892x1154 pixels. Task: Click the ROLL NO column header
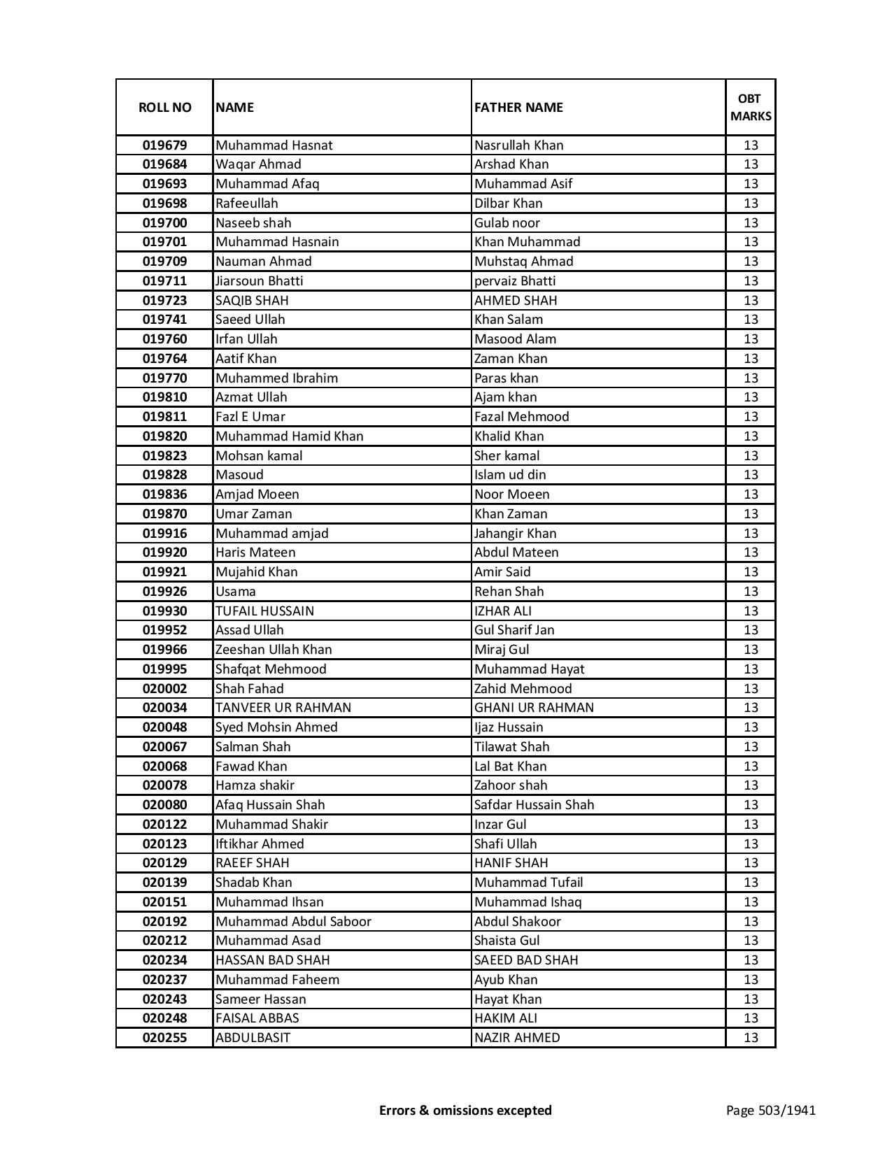(164, 107)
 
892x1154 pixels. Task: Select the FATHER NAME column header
(518, 107)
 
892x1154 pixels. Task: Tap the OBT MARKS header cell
(751, 107)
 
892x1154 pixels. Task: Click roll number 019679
(164, 145)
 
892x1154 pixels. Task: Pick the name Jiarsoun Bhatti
(260, 281)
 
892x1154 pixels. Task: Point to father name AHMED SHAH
(516, 301)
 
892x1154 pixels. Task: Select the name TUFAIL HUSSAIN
(264, 611)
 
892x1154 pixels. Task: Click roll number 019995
(164, 669)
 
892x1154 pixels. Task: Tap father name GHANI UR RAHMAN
(534, 708)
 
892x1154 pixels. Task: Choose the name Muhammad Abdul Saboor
(293, 922)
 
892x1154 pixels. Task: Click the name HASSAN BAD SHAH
(272, 960)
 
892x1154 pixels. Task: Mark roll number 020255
(164, 1038)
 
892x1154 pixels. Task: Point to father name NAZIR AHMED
(517, 1038)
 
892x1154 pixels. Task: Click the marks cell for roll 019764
(751, 359)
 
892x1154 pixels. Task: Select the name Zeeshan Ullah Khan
(274, 650)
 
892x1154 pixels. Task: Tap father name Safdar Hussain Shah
(534, 805)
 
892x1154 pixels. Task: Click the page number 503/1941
(770, 1110)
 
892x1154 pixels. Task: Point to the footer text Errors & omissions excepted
(465, 1110)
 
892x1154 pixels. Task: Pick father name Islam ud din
(510, 475)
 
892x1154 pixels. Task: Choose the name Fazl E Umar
(250, 417)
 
